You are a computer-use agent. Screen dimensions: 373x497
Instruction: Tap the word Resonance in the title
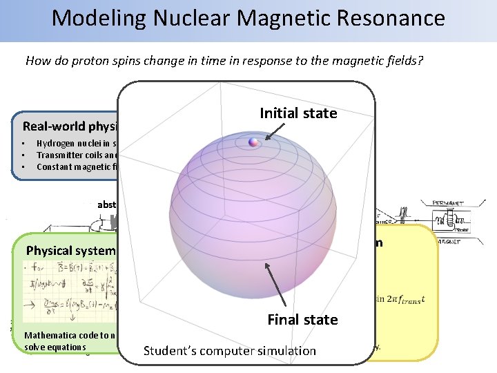tap(387, 18)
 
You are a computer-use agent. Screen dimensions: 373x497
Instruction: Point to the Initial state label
tap(298, 113)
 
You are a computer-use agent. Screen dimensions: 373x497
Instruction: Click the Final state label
tap(302, 319)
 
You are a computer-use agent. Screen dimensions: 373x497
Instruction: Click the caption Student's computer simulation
tap(229, 350)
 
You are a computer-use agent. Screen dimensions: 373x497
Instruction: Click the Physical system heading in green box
tap(69, 249)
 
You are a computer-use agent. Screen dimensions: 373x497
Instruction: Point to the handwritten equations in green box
tap(69, 294)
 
